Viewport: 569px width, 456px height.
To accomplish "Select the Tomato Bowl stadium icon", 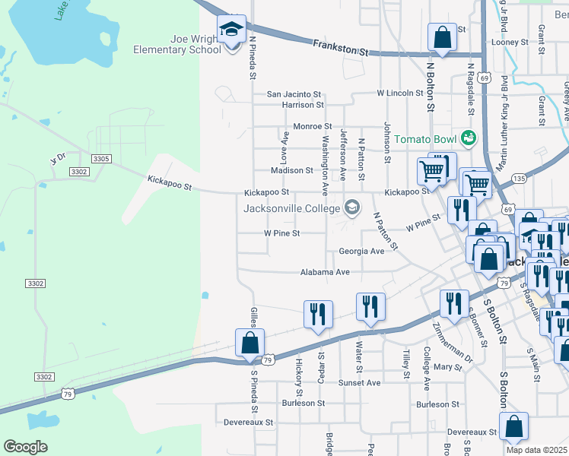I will [467, 138].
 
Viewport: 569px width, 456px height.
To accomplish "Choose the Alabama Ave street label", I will [325, 271].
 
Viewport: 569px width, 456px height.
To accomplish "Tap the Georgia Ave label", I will [361, 251].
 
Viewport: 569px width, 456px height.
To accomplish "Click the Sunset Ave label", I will [360, 383].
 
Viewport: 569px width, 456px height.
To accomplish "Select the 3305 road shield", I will [100, 159].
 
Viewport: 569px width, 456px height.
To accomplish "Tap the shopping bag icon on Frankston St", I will [442, 36].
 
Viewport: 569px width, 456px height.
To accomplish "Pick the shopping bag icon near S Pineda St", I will [250, 344].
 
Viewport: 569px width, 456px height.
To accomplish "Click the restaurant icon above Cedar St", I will [318, 314].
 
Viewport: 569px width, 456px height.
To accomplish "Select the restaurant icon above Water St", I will [370, 306].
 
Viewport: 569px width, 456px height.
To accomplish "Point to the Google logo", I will [26, 446].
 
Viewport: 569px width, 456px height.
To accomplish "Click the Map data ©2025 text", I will [536, 450].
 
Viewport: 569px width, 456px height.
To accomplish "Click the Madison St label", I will [292, 171].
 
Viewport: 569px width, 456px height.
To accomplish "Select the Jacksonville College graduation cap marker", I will [351, 207].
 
